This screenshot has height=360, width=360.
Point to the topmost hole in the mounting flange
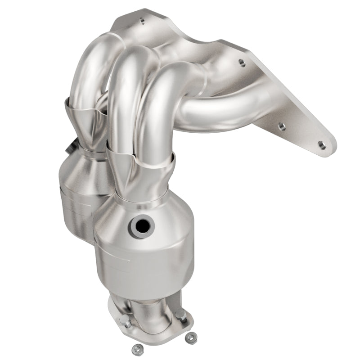coord(142,21)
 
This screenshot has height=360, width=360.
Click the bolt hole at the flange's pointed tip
coord(321,144)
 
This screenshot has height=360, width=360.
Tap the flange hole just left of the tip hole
coord(283,126)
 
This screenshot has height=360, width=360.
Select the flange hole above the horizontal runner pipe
coord(242,63)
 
